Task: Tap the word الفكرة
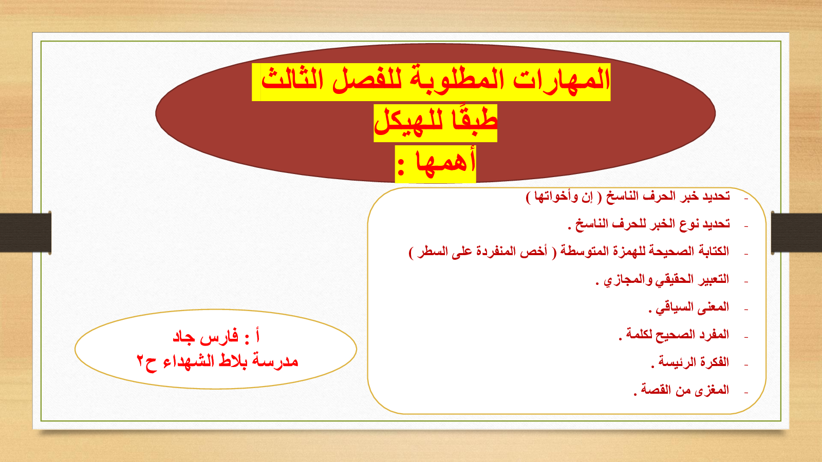point(714,362)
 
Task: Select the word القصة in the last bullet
point(656,390)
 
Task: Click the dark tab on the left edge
point(26,233)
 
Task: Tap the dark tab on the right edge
point(797,233)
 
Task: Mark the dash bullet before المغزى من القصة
point(746,393)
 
